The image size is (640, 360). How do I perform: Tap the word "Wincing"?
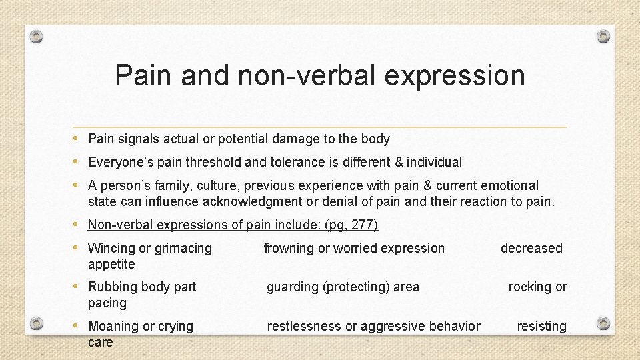tap(111, 248)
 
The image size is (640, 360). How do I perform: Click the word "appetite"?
tap(111, 264)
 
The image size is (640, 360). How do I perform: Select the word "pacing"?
tap(107, 303)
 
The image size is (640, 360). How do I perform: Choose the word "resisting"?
tap(542, 326)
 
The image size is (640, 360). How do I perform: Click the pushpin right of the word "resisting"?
tap(603, 323)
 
